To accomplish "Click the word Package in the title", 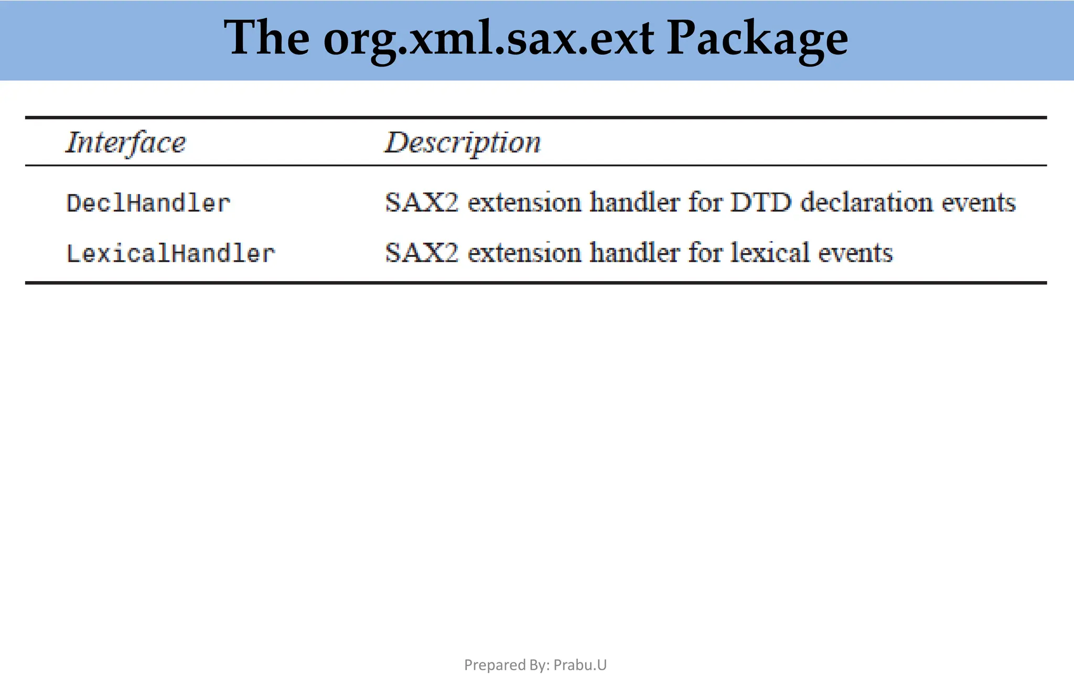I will tap(757, 40).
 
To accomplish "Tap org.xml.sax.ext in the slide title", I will tap(488, 40).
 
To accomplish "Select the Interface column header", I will tap(125, 142).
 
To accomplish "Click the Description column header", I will tap(463, 142).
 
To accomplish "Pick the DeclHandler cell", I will tap(148, 203).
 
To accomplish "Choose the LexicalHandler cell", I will tap(170, 253).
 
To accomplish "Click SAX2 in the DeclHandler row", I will tap(422, 202).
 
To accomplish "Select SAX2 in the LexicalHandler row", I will tap(422, 253).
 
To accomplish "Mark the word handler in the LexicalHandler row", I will tap(635, 253).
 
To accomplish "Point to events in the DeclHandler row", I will tap(979, 202).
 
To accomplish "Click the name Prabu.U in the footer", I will tap(580, 665).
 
